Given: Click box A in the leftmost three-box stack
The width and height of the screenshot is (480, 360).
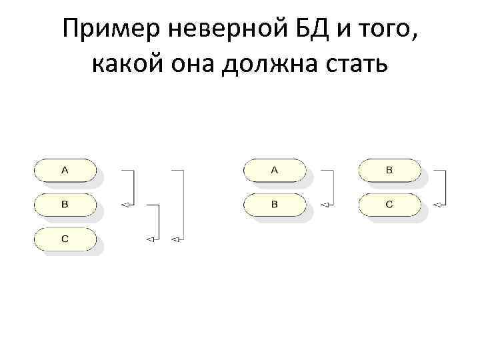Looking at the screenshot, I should [x=65, y=170].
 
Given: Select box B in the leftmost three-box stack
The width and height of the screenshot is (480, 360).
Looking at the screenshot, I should [x=65, y=204].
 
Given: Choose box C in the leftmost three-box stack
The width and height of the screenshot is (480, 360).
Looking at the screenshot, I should [x=65, y=238].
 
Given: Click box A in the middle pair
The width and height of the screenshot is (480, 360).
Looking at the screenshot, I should [x=274, y=170].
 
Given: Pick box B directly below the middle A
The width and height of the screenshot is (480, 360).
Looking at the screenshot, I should [x=274, y=204].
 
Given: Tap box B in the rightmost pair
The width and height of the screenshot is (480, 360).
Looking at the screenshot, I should [x=389, y=170].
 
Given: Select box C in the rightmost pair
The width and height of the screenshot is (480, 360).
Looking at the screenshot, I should [x=389, y=204].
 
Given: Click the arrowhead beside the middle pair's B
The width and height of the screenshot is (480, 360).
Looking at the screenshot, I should [x=325, y=205].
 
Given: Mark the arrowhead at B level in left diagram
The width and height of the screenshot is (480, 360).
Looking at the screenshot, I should [x=125, y=205].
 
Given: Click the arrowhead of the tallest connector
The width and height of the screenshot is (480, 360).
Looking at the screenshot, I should [x=175, y=239].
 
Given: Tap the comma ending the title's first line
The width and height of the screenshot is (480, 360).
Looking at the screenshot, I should [x=418, y=39].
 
